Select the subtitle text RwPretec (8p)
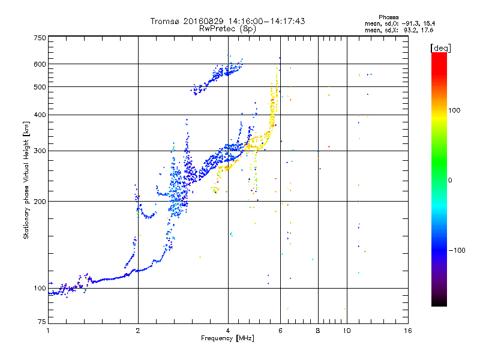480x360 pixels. pos(227,29)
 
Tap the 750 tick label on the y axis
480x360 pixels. pos(40,38)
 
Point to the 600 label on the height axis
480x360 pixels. pos(40,64)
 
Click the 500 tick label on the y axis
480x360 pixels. pos(40,87)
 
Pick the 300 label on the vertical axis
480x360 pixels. pos(40,151)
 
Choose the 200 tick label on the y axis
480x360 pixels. pos(40,202)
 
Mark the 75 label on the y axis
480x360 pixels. pos(42,322)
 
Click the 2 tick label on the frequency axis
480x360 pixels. pos(138,331)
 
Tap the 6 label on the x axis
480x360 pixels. pos(280,331)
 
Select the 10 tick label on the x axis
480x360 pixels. pos(347,331)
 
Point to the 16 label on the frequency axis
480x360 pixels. pos(408,331)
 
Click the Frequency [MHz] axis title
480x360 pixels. pos(227,338)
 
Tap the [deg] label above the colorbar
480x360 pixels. pos(440,48)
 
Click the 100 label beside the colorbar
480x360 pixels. pos(454,110)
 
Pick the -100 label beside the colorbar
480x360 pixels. pos(457,250)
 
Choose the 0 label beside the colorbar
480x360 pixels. pos(450,181)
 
